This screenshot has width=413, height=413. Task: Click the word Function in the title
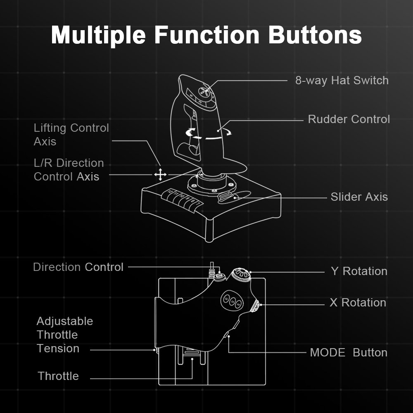coord(207,36)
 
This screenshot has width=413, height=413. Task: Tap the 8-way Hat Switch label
coord(342,80)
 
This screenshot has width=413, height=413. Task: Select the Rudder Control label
coord(349,119)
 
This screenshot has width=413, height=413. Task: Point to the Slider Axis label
coord(359,197)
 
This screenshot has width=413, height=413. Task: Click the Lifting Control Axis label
coord(71,135)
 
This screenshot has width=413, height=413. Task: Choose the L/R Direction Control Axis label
coord(69,170)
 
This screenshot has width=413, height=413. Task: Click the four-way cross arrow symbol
coord(160,175)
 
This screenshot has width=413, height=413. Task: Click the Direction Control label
coord(78,267)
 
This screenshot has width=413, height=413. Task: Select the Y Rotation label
coord(359,271)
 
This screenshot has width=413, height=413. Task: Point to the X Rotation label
coord(358,303)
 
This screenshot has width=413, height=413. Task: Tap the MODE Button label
coord(349,353)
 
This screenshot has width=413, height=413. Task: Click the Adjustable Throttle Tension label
coord(64,335)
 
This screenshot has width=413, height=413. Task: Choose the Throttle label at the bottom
coord(58,376)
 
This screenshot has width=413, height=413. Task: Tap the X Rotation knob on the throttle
coord(256,306)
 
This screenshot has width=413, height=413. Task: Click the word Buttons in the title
coord(315,36)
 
